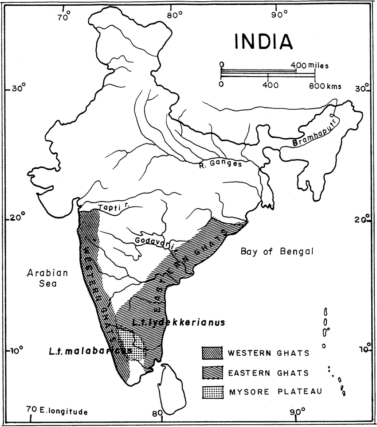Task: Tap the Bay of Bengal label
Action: [x=277, y=252]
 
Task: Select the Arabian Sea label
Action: [x=47, y=278]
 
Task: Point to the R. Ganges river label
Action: [x=220, y=164]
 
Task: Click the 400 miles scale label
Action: [x=310, y=66]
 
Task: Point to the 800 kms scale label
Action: [x=326, y=86]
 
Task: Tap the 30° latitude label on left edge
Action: [x=19, y=89]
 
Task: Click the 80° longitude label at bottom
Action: [x=158, y=413]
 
